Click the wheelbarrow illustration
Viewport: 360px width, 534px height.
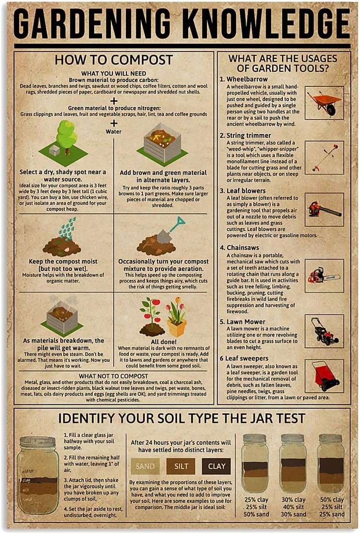[x=324, y=103]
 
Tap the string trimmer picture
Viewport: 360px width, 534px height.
[x=324, y=157]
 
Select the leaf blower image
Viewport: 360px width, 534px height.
[x=324, y=209]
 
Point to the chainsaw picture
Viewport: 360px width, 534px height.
[x=324, y=275]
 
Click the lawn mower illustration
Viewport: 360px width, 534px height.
[x=324, y=331]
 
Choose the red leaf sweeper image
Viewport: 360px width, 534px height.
[x=324, y=375]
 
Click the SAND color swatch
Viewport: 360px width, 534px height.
[x=145, y=466]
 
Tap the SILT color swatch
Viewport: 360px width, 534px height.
[x=180, y=466]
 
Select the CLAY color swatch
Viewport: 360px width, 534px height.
[x=216, y=466]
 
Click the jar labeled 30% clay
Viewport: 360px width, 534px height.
[x=293, y=463]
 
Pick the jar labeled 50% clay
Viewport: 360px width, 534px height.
[x=331, y=463]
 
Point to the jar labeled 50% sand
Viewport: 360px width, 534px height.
[x=255, y=463]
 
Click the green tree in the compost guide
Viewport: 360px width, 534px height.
[x=66, y=135]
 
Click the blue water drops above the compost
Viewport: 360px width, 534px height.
[x=67, y=227]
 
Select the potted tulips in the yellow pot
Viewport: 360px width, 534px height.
[x=176, y=318]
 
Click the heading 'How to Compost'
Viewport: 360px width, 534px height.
[x=113, y=60]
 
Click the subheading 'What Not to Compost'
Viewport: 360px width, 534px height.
[x=113, y=376]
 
